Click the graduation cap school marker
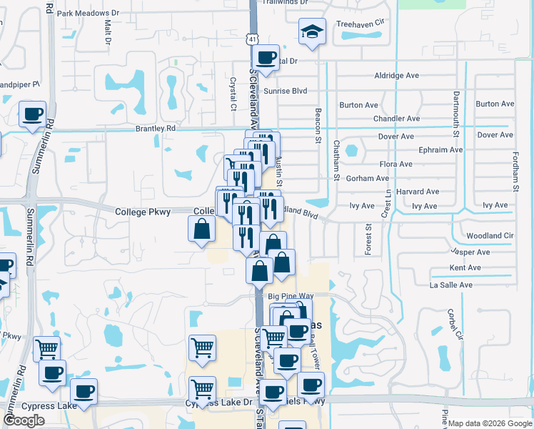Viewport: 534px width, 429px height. click(312, 32)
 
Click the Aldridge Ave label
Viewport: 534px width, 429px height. click(396, 76)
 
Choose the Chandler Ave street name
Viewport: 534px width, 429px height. click(396, 119)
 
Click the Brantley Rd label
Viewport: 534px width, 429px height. click(155, 129)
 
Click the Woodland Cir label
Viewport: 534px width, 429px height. click(490, 236)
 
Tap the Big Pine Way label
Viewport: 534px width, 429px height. click(291, 295)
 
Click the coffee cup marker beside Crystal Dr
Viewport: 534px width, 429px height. click(266, 58)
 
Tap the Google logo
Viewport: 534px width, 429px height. click(24, 420)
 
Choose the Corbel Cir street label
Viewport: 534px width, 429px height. click(450, 325)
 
